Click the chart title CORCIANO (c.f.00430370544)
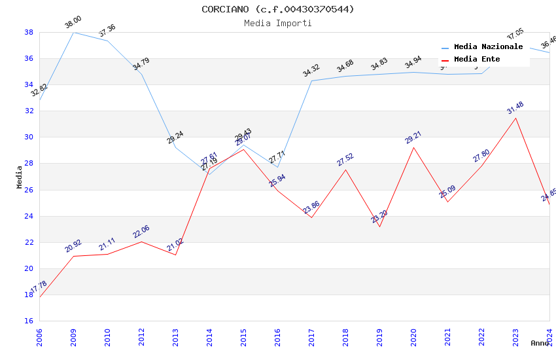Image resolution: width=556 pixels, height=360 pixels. click(x=278, y=9)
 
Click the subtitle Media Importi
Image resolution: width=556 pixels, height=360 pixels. click(x=278, y=23)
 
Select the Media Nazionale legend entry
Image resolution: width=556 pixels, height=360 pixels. click(x=488, y=47)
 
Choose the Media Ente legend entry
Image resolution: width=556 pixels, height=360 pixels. click(x=477, y=60)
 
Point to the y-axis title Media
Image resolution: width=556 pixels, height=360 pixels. click(x=20, y=177)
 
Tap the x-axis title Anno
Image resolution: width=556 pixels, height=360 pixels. click(x=540, y=343)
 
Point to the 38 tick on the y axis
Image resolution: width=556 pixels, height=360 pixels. click(x=29, y=32)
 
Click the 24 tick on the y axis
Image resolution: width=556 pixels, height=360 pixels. click(x=29, y=216)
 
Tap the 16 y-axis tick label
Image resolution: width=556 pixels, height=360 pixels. click(x=29, y=321)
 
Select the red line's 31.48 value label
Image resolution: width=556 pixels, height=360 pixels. click(x=515, y=108)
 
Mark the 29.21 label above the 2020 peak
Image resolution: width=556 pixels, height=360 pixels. click(x=413, y=137)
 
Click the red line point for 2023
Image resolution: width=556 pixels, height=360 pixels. click(x=515, y=118)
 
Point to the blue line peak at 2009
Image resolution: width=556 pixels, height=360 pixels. click(x=73, y=32)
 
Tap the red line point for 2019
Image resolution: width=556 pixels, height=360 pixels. click(x=379, y=226)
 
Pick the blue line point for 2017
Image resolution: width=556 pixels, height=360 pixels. click(x=311, y=81)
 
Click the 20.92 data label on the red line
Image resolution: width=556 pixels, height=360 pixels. click(x=73, y=246)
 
